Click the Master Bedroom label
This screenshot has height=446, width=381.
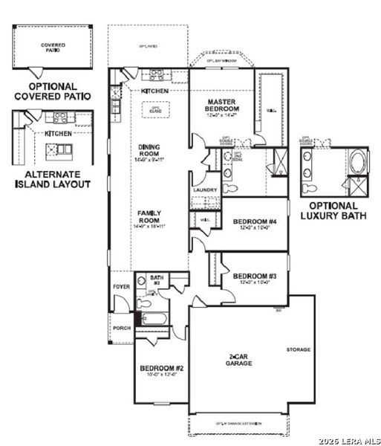223,105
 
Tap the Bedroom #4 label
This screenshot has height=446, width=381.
255,222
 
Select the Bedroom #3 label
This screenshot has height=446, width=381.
255,277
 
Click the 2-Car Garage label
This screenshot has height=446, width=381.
238,359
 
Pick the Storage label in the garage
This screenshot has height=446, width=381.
299,349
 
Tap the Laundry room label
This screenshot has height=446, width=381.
205,190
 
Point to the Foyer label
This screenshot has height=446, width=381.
121,286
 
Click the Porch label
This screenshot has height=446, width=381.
121,327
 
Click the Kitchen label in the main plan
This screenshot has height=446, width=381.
154,91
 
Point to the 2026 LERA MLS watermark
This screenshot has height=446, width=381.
348,441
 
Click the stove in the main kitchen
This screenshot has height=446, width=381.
157,74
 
